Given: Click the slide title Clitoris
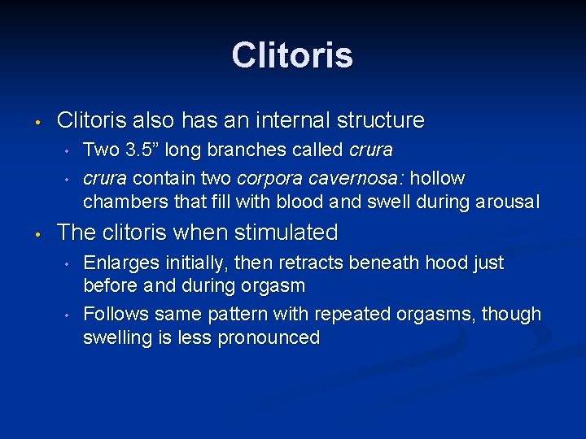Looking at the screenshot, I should coord(292,55).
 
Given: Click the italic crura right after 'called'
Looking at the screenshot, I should coord(370,150).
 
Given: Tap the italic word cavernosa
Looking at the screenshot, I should coord(339,178).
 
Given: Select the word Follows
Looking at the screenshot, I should coord(114,315).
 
